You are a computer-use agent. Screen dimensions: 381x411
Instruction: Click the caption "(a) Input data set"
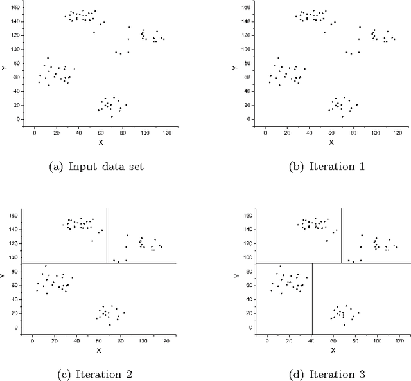96,167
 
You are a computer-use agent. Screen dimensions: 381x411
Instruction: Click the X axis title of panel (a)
100,142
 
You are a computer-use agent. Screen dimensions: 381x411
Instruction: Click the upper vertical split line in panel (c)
106,235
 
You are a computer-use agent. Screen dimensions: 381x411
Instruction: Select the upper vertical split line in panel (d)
341,235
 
